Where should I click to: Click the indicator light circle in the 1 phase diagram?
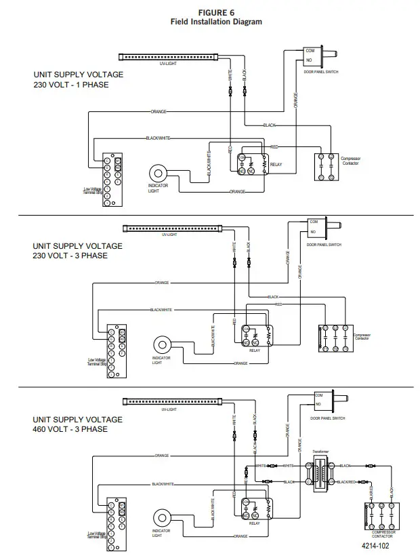[x=161, y=172]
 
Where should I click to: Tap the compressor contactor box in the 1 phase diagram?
[x=326, y=166]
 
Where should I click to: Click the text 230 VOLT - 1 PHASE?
[x=71, y=85]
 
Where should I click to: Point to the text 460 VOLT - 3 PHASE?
[x=71, y=429]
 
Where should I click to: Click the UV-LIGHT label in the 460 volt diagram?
[x=169, y=410]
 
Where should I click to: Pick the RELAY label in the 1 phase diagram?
[x=276, y=165]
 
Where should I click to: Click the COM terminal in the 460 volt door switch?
[x=318, y=395]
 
